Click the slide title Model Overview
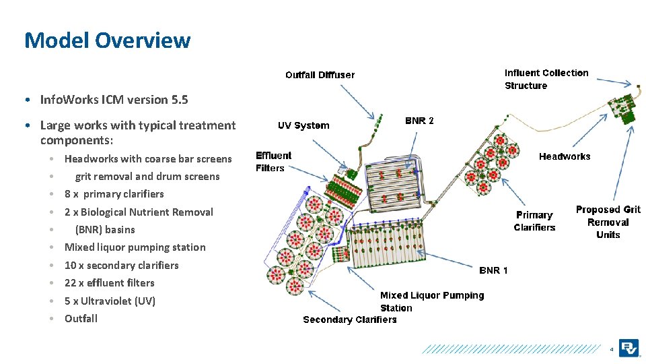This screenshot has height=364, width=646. (107, 40)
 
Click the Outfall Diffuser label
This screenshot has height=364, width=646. (320, 75)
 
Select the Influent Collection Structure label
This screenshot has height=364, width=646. (546, 79)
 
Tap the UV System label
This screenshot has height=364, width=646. (303, 125)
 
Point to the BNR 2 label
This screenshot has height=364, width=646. (419, 121)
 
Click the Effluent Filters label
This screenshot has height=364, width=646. (273, 162)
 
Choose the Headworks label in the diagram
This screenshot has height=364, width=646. (564, 156)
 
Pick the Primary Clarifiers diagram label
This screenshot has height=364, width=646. (534, 221)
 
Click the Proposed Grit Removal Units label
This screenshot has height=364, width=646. (608, 222)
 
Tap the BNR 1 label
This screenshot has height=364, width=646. (493, 270)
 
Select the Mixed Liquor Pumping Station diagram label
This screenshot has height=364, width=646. (431, 301)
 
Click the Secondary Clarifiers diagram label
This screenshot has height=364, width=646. (349, 320)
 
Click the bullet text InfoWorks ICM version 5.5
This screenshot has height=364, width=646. (114, 100)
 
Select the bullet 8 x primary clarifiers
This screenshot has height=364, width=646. (114, 194)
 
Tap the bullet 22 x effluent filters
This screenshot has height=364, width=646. (109, 283)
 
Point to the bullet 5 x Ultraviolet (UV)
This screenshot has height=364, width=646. (110, 301)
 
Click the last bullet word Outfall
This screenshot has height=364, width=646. (81, 319)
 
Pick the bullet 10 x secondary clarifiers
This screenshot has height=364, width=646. (121, 266)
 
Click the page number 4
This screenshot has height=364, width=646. (611, 350)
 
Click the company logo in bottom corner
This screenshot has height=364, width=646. (630, 348)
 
